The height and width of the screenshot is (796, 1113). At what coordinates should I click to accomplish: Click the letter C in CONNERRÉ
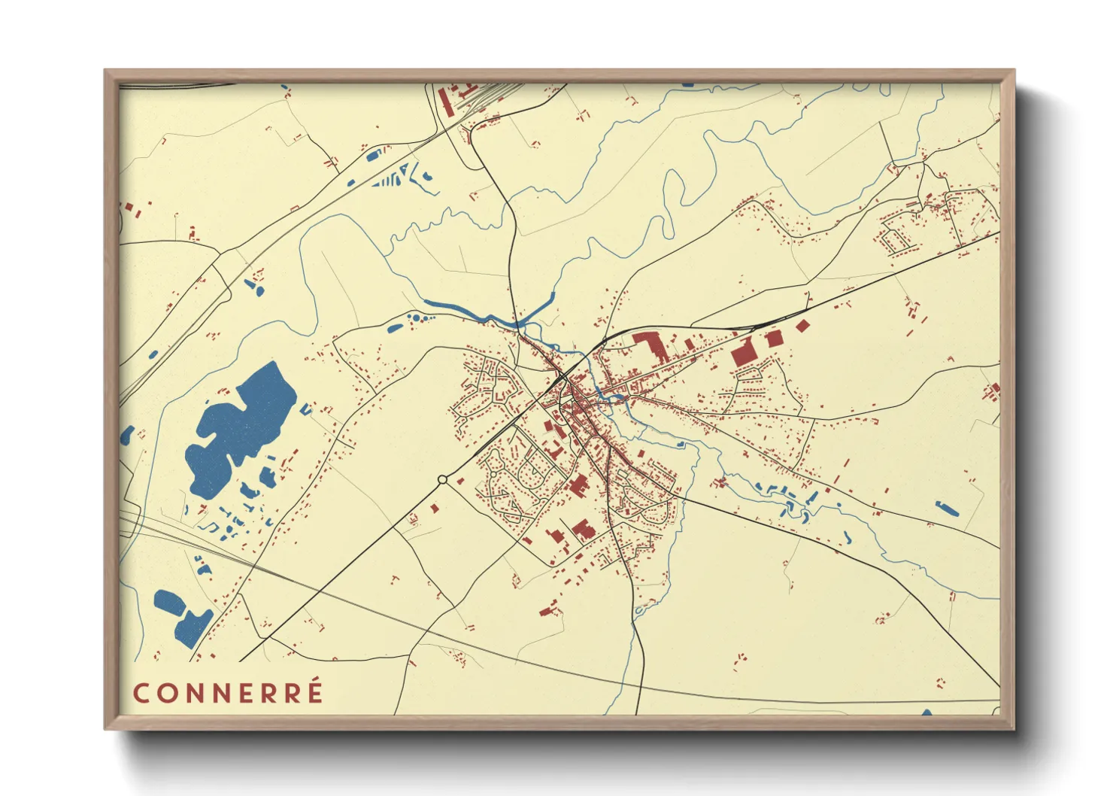pyautogui.click(x=141, y=693)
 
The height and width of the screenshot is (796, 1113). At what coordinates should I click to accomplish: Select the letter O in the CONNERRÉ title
pyautogui.click(x=166, y=693)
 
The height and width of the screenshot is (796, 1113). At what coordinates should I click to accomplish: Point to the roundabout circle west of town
pyautogui.click(x=442, y=479)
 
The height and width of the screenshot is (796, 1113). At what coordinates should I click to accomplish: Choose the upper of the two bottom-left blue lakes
pyautogui.click(x=166, y=600)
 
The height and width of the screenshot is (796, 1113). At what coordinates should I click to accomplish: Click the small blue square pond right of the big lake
pyautogui.click(x=305, y=410)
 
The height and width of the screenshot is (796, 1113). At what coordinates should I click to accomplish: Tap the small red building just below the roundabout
pyautogui.click(x=434, y=509)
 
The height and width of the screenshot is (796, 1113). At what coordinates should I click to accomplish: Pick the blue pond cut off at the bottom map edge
pyautogui.click(x=926, y=712)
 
